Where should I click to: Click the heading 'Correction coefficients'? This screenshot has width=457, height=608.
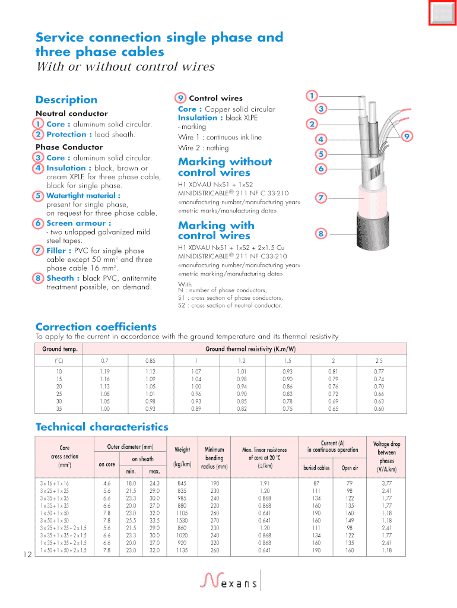click(96, 327)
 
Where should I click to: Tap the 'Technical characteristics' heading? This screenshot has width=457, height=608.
click(102, 427)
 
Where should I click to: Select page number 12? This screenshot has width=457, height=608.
click(27, 555)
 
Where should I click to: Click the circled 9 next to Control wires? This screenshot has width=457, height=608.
click(181, 98)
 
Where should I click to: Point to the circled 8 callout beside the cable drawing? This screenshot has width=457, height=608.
click(320, 234)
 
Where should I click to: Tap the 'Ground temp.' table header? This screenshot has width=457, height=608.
click(60, 349)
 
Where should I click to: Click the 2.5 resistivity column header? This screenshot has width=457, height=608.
click(379, 360)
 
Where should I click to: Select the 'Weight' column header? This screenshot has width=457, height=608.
click(183, 449)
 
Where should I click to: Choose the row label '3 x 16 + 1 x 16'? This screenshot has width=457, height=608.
click(55, 483)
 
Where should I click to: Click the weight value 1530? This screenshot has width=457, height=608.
click(183, 521)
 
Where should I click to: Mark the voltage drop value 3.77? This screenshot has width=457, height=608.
click(386, 483)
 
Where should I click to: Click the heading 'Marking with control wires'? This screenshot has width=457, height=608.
click(216, 230)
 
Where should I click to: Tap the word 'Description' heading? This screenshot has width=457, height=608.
click(66, 100)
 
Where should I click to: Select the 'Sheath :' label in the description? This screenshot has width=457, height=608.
click(60, 278)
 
